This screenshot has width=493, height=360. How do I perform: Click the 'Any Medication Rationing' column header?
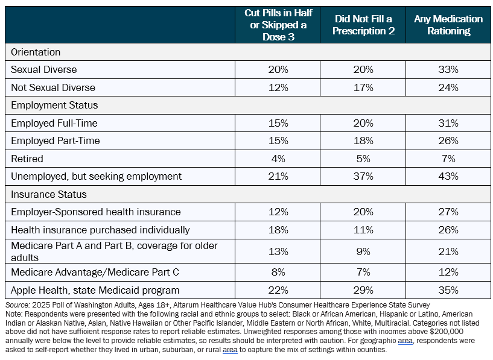point(448,25)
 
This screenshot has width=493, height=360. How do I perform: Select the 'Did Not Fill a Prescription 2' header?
point(363,25)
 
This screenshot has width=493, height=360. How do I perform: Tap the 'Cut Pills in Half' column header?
point(278,25)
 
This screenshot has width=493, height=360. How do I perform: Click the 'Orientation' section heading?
point(36,52)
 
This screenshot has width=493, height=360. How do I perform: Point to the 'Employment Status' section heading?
point(54,105)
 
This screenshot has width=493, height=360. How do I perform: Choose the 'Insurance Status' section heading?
point(49,194)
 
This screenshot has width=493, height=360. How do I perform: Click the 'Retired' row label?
point(27,159)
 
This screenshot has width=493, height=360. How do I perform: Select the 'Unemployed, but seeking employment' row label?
point(96,176)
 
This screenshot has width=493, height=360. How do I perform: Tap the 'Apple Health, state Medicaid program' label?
point(95,290)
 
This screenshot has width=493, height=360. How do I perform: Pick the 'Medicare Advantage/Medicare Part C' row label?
point(95,272)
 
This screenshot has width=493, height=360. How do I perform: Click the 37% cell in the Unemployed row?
point(363,176)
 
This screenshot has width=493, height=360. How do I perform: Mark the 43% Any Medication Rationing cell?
point(448,176)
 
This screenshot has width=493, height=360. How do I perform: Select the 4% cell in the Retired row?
point(278,159)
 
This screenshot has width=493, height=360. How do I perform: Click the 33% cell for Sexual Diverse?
point(448,69)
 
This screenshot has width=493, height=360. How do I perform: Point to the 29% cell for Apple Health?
point(363,290)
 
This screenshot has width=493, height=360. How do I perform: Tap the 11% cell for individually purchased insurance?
point(363,230)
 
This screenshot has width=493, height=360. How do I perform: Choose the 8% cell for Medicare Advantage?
point(278,272)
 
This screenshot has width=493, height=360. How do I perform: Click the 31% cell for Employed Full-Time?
point(448,123)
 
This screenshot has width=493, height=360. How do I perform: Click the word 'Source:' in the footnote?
point(17,305)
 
